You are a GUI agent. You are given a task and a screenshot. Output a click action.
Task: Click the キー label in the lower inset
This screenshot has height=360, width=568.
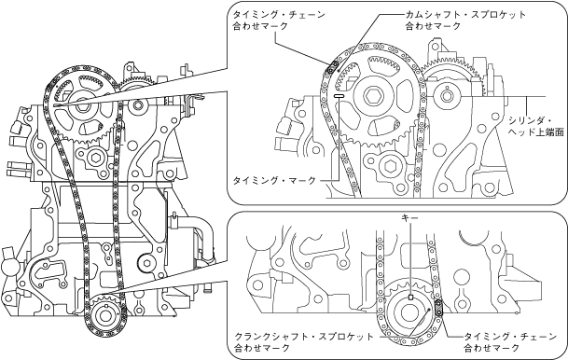[x=410, y=217]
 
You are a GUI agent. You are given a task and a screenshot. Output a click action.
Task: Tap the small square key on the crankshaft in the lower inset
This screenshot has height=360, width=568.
[x=410, y=298]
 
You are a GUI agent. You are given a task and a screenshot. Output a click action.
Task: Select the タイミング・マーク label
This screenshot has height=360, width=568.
[x=274, y=180]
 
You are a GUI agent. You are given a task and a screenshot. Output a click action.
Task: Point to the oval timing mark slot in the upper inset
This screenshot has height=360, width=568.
[x=338, y=96]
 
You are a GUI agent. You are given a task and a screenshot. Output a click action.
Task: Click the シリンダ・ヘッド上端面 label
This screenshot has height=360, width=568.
[x=536, y=126]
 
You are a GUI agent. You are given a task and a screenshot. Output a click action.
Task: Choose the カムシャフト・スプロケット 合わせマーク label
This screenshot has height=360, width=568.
[x=465, y=21]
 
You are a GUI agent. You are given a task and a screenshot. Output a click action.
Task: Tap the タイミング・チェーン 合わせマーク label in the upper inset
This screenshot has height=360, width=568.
[x=279, y=21]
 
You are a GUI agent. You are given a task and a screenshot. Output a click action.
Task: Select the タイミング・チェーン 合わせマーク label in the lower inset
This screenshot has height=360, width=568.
[x=511, y=342]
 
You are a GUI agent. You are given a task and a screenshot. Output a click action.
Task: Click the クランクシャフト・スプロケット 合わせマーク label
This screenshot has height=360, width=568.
[x=304, y=342]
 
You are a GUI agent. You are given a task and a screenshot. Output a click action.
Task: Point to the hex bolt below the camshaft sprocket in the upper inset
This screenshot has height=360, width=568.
[x=390, y=166]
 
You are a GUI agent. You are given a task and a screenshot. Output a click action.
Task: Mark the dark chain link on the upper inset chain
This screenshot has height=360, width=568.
[x=331, y=67]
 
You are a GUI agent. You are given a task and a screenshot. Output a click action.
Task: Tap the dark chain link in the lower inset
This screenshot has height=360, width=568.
[x=438, y=308]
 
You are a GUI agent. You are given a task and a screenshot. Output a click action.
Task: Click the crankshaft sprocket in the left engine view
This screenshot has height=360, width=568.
[x=104, y=314]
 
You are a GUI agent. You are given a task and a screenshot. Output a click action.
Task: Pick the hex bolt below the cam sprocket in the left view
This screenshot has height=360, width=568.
[x=96, y=159]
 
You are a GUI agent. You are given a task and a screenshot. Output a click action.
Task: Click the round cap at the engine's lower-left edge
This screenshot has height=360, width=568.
[x=8, y=267]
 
